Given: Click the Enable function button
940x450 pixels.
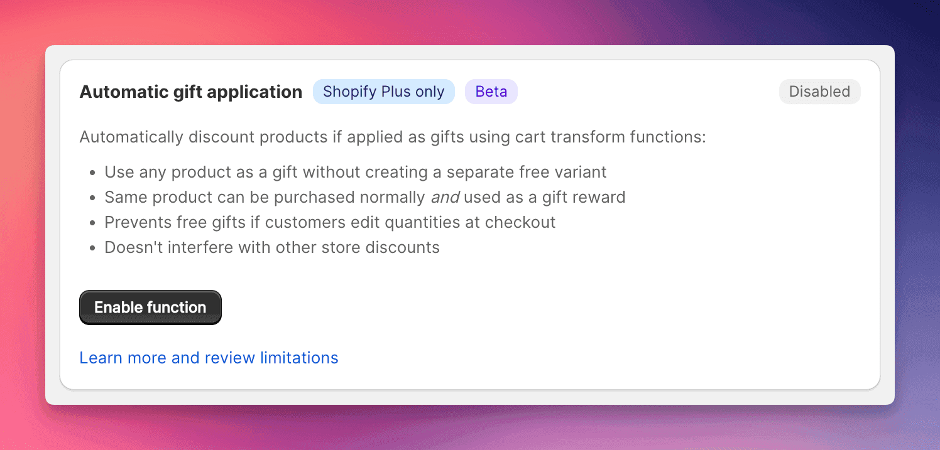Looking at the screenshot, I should tap(150, 308).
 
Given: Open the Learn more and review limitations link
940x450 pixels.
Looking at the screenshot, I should tap(209, 358).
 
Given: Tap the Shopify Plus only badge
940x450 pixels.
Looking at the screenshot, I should tap(383, 92).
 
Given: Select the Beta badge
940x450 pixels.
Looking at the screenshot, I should tap(491, 92).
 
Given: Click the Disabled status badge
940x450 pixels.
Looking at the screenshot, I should tap(819, 92).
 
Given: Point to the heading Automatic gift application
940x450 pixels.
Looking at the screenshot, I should tap(190, 92).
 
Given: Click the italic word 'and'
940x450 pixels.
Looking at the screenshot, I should tap(445, 197).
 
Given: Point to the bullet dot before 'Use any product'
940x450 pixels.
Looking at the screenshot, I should tap(92, 173).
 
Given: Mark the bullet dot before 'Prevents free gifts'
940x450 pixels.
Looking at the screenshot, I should tap(92, 223).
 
